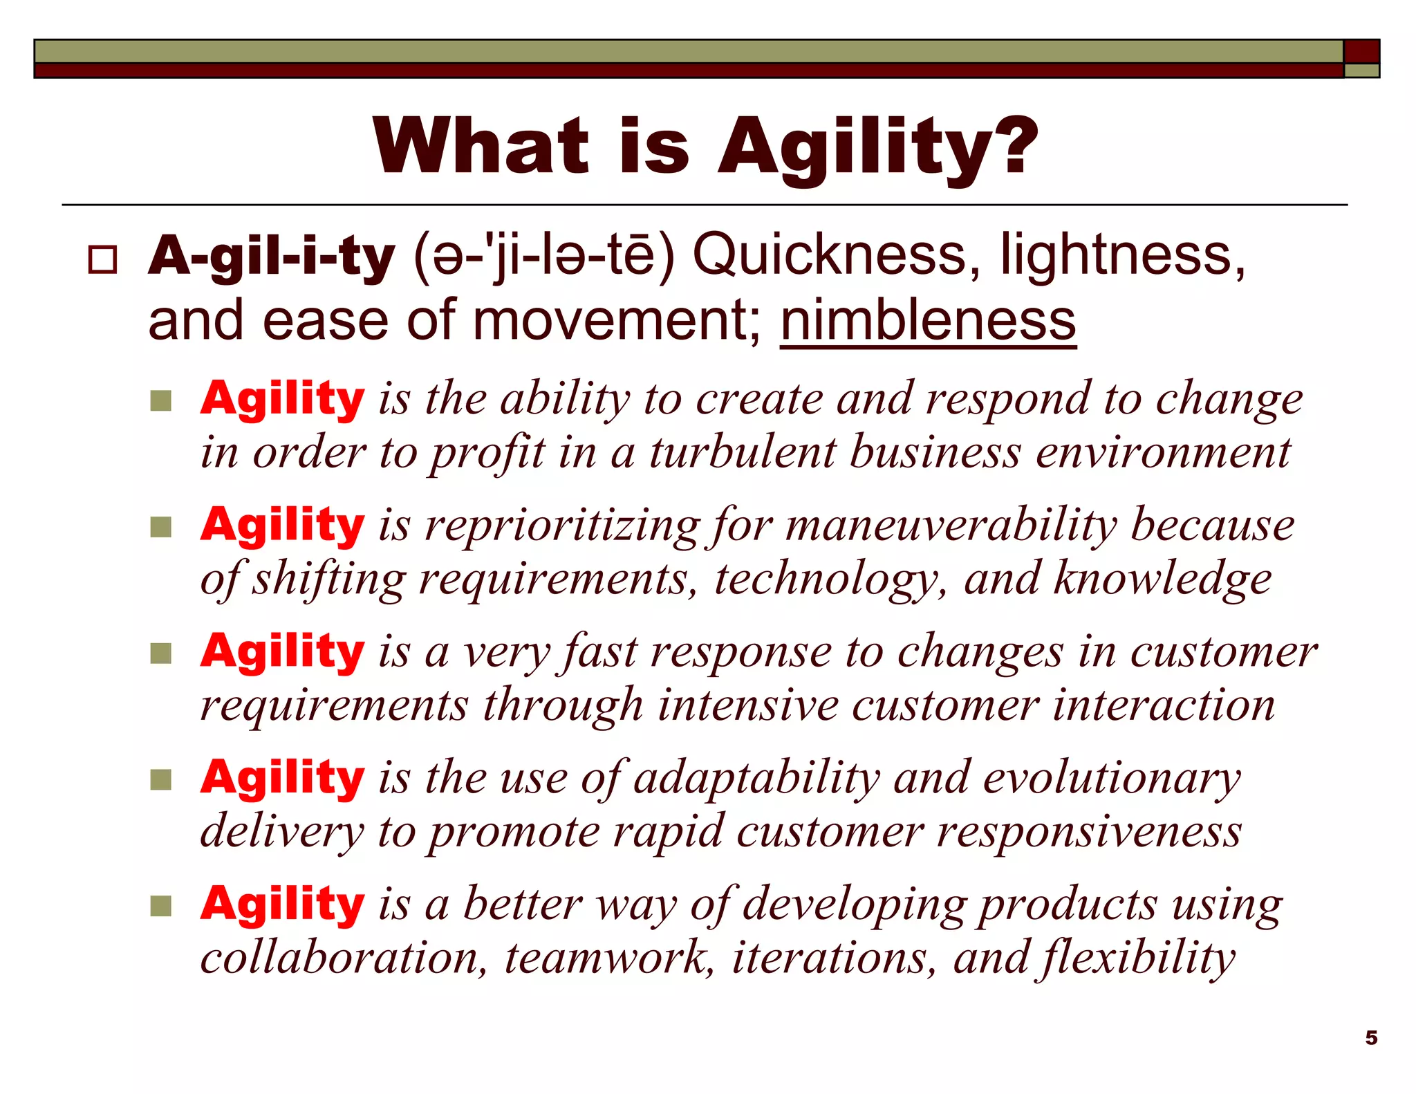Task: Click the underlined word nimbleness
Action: pos(928,321)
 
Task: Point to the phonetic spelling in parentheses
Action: pos(543,257)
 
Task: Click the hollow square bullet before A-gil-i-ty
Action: pos(102,260)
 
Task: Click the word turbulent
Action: pos(743,453)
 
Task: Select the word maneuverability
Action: pos(951,526)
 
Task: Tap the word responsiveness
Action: pos(1089,832)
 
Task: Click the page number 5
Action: pos(1371,1038)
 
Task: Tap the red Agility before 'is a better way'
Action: pos(282,905)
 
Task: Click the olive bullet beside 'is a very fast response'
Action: pos(160,653)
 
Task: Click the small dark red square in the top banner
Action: pos(1361,51)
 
